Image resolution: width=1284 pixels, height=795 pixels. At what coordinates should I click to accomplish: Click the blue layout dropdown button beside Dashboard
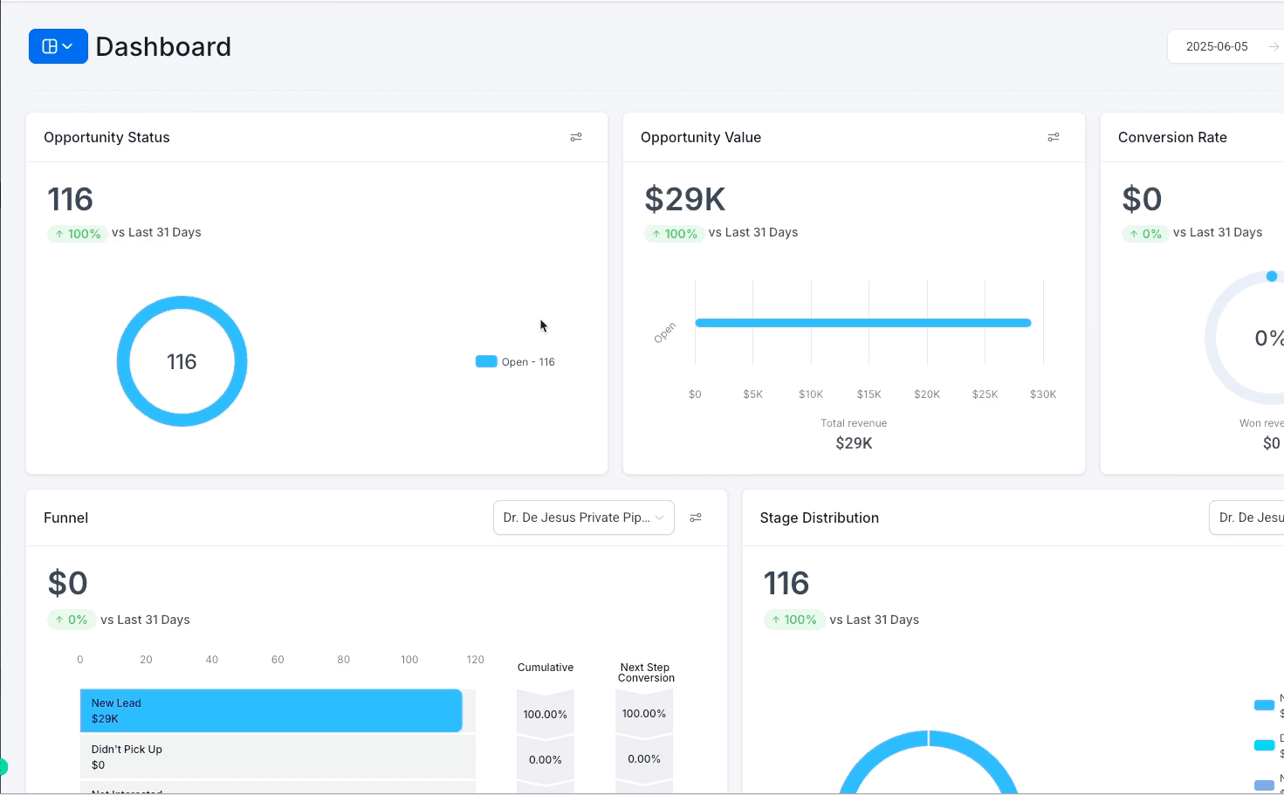tap(58, 46)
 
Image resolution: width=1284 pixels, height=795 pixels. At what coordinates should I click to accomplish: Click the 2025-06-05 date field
tap(1217, 46)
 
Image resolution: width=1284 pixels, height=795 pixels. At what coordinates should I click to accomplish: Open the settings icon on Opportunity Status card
tap(576, 137)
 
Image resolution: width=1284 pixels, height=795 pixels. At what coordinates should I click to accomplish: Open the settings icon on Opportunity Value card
tap(1054, 137)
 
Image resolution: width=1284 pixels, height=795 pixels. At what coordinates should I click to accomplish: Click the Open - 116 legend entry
tap(516, 362)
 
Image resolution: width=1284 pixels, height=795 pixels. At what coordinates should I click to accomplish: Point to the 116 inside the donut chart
tap(182, 362)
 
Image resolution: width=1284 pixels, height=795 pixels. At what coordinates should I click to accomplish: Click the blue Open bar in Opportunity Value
tap(862, 323)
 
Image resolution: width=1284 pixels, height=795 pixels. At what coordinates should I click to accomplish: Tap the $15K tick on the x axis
tap(869, 394)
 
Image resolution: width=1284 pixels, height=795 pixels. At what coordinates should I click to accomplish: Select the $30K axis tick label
tap(1043, 394)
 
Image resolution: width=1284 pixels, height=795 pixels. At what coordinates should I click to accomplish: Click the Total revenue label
tap(854, 423)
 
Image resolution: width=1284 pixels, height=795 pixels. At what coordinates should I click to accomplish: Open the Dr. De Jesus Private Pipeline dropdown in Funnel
tap(583, 517)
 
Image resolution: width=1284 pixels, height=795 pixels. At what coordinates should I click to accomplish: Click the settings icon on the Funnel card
tap(696, 517)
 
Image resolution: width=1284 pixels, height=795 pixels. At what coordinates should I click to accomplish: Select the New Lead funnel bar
tap(271, 710)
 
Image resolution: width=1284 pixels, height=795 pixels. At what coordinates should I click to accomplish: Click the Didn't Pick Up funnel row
tap(277, 757)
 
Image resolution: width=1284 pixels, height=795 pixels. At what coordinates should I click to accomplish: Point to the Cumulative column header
tap(546, 668)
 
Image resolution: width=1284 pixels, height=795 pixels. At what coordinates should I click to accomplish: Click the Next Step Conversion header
tap(646, 673)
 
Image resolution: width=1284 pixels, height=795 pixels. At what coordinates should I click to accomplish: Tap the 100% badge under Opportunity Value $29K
tap(674, 234)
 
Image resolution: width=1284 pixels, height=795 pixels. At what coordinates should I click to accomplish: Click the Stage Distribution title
tap(819, 517)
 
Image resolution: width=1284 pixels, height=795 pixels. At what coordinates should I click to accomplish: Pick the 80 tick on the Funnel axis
tap(343, 660)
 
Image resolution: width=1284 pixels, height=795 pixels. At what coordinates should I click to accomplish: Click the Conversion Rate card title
tap(1172, 137)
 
